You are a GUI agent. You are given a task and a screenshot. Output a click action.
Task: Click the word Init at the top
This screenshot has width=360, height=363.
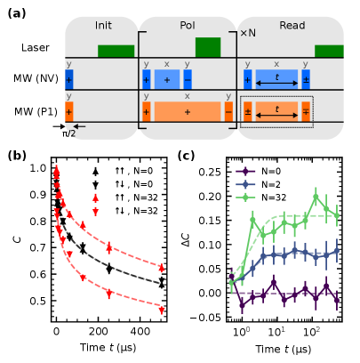point(103,26)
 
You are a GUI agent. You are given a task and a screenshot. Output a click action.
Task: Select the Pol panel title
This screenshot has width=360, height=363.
point(188,26)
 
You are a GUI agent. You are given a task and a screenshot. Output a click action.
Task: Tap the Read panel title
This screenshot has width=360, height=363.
point(292,26)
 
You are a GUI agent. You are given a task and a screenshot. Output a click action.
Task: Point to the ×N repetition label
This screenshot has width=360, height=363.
point(248,33)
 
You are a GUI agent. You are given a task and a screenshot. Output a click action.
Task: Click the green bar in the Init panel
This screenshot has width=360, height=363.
point(116,51)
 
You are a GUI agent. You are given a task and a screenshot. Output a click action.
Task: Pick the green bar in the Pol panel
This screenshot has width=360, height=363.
point(208,47)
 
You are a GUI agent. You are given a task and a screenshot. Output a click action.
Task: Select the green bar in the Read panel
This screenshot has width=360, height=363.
point(329,51)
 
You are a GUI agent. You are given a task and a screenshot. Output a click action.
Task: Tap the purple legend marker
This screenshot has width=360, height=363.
point(246,172)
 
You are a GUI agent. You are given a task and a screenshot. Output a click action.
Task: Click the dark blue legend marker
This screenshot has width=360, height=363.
point(246,184)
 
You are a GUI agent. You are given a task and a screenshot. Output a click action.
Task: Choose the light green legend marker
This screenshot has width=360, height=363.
point(246,197)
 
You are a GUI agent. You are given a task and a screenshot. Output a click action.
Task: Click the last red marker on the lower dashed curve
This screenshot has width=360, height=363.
point(161,310)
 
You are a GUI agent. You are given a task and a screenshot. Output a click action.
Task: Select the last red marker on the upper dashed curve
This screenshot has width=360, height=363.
point(161,267)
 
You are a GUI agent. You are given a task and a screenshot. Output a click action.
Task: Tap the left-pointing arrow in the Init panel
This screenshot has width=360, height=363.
point(79,126)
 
